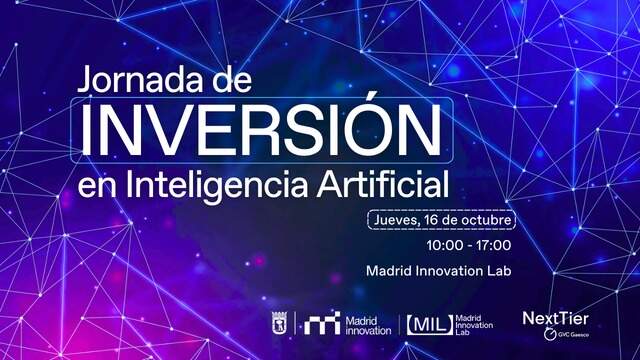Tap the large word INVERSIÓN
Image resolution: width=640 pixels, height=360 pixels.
(262, 129)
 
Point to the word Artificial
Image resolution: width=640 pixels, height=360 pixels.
(383, 183)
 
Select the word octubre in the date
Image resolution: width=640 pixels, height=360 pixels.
(485, 220)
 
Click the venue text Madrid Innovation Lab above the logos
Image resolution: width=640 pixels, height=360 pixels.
(438, 271)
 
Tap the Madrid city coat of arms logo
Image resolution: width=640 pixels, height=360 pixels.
(280, 323)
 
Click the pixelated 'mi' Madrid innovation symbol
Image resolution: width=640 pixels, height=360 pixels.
(322, 323)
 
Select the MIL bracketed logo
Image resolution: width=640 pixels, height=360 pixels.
(430, 325)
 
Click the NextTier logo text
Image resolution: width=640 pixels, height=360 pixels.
(556, 318)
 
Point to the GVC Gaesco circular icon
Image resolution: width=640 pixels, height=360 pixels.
(550, 334)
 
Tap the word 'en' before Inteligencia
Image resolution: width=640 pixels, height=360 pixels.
(97, 186)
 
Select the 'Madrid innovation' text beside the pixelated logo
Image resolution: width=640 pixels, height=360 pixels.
(368, 326)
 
